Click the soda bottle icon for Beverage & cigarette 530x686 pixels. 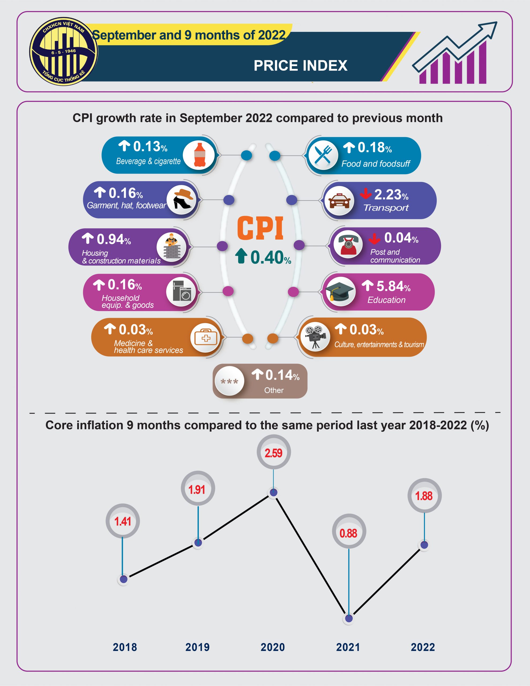[199, 155]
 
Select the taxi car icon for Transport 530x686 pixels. [339, 201]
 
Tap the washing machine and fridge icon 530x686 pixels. [182, 290]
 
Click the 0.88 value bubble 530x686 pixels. [349, 532]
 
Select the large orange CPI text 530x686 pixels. [260, 228]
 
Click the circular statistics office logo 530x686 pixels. [64, 51]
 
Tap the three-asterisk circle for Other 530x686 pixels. [229, 381]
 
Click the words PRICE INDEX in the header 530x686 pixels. [301, 66]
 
